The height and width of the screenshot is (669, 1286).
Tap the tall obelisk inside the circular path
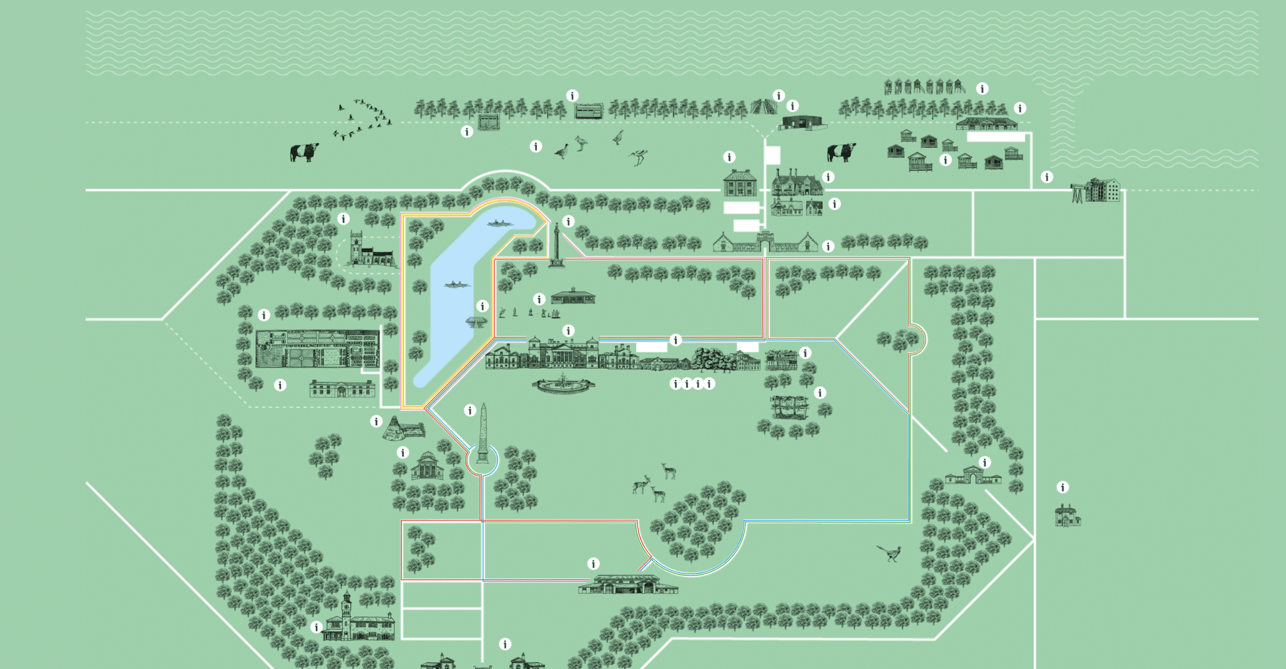482,433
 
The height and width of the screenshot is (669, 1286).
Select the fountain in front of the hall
563,383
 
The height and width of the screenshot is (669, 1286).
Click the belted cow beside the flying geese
304,152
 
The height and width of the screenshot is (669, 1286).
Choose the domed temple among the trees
428,465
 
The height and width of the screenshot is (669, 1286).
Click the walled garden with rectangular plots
318,349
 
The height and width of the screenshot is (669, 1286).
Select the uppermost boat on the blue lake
500,223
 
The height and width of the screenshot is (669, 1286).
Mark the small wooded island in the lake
476,322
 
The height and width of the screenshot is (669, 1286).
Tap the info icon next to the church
343,219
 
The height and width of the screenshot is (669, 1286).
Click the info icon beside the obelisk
470,410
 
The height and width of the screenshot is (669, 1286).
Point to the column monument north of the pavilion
556,245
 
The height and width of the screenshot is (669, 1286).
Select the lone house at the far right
1067,515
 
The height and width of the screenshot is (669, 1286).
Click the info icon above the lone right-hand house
1062,487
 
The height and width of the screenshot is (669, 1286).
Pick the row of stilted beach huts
924,87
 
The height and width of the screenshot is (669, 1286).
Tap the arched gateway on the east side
972,476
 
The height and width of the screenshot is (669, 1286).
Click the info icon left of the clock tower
316,626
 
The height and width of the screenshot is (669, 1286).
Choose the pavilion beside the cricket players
573,296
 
